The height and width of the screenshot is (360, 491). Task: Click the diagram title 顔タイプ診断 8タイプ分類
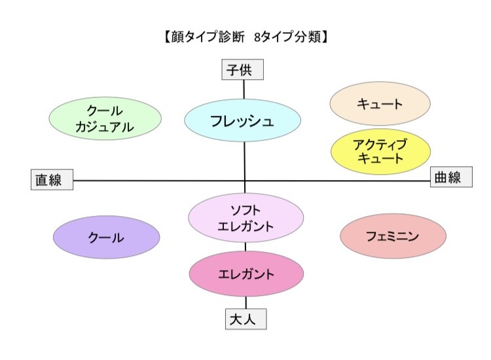[245, 37]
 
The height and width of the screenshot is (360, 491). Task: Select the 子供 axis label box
[243, 69]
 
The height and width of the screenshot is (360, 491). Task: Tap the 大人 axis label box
[245, 319]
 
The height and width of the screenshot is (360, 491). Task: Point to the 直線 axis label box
[52, 180]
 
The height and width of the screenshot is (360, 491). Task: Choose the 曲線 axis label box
[451, 177]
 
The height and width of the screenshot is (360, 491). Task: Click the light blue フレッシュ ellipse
[243, 120]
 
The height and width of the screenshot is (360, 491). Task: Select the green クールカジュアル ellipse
[105, 118]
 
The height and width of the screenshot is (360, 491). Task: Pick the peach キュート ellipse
[380, 103]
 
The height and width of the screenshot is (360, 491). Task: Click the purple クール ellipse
[107, 237]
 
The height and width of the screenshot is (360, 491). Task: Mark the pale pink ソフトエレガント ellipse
[245, 217]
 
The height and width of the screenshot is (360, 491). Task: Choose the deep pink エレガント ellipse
[246, 274]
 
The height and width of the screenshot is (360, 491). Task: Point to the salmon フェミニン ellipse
[393, 236]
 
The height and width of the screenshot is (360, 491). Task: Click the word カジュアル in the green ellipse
[105, 127]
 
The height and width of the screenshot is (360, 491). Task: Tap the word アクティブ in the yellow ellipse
[380, 144]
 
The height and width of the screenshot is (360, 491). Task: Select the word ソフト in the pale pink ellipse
[245, 210]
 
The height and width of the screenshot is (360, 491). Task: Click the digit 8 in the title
[257, 37]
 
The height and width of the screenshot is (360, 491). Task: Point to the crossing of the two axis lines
[245, 181]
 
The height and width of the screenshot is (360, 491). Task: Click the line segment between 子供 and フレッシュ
[244, 90]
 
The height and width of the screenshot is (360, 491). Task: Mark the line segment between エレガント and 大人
[245, 302]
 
